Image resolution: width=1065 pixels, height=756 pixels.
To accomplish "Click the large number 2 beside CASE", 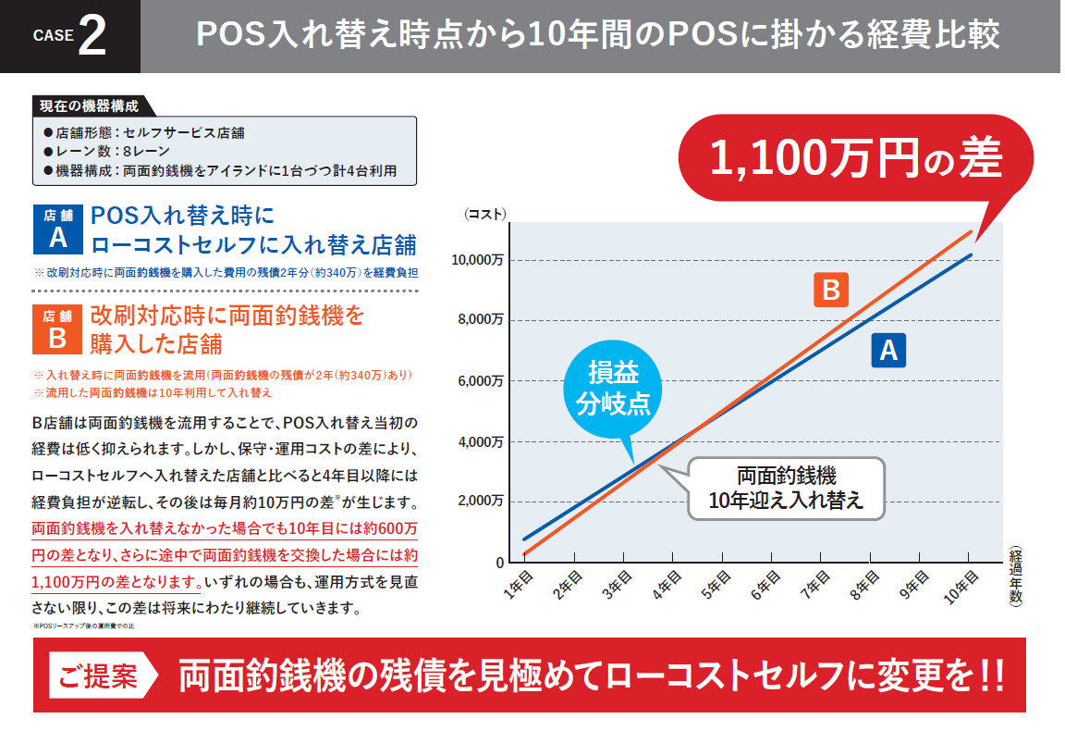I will point(92,37).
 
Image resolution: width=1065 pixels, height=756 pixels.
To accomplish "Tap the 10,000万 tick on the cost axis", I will point(477,260).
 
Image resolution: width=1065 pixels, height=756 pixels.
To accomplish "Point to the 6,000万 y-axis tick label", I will point(480,381).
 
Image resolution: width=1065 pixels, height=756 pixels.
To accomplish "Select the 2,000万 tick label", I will point(480,502).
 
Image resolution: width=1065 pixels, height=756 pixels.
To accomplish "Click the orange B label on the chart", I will point(830,291).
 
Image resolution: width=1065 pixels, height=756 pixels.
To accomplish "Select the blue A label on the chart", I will point(888,351).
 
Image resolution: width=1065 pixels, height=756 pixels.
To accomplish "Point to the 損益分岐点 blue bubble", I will point(613,389).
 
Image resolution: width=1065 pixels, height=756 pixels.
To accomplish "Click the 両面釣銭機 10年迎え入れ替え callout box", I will point(787,489).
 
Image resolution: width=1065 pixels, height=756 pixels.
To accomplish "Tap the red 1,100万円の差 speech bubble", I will point(855,159).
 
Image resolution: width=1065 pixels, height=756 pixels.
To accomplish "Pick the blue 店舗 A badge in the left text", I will point(57,229).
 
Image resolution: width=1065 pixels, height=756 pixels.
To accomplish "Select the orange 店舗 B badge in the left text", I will point(57,330).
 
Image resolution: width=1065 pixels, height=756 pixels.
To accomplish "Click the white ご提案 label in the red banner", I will point(98,675).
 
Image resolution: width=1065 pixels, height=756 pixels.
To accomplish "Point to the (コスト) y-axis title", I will point(484,214).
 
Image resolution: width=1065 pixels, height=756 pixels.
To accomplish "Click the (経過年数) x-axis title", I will point(1015,575).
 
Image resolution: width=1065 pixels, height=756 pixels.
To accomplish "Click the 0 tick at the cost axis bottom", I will point(500,563).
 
